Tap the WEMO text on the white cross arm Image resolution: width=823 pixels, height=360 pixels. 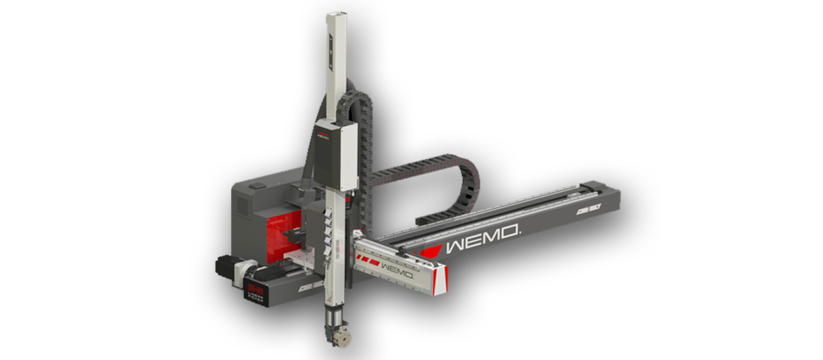tap(396, 268)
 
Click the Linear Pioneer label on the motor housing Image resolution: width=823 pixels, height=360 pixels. tap(259, 287)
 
